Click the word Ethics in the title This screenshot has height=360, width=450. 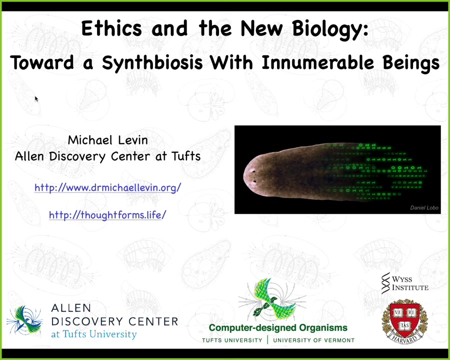pos(111,28)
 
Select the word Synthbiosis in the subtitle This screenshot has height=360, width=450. pos(152,63)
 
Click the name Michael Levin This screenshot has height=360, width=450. pos(108,140)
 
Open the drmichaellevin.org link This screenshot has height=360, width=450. pos(108,188)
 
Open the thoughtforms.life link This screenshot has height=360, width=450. pos(107,214)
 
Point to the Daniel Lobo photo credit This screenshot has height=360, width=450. pos(424,207)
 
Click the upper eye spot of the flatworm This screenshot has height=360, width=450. pos(253,171)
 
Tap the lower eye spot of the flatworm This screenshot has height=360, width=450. pos(254,181)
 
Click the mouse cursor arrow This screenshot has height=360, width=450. pos(36,98)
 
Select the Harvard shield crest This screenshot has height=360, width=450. pos(404,321)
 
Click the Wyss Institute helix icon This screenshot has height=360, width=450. pos(385,283)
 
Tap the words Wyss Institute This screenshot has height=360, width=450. pos(410,283)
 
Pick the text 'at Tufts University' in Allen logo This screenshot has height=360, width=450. pos(94,334)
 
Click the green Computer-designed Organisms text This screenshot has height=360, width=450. pos(278,327)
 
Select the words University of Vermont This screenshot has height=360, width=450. pos(313,340)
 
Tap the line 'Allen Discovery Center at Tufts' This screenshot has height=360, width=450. pos(107,156)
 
